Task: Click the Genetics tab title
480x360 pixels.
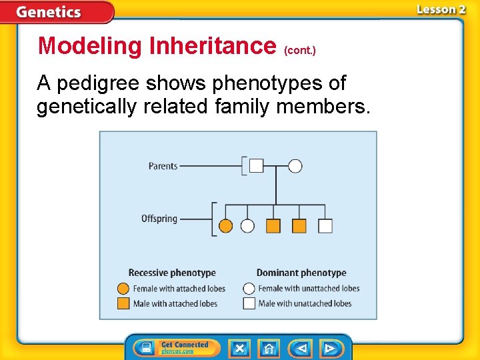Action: click(x=49, y=12)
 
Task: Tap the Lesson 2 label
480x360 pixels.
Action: click(x=441, y=9)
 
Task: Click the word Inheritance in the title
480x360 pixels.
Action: click(x=213, y=46)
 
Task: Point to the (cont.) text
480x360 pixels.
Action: click(x=300, y=50)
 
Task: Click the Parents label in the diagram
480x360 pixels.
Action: click(x=163, y=166)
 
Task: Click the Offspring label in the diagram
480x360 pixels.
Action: click(x=159, y=219)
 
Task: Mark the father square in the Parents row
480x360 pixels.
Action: click(x=256, y=166)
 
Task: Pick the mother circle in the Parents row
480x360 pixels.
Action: click(x=295, y=166)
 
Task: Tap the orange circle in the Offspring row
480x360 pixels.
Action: click(x=226, y=226)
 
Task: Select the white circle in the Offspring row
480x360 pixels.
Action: click(x=247, y=226)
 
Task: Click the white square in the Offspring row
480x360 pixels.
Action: click(x=325, y=226)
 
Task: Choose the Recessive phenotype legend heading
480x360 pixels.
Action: click(x=172, y=273)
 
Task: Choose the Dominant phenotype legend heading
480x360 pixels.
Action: click(x=301, y=273)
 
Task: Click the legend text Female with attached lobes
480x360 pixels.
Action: click(x=179, y=289)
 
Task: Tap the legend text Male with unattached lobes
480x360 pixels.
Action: click(x=305, y=303)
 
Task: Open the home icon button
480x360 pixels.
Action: click(x=269, y=349)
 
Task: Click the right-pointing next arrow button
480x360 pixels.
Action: click(x=330, y=349)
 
